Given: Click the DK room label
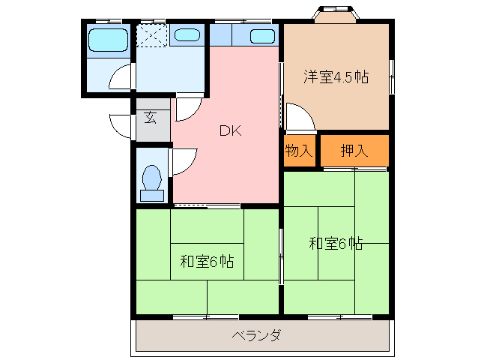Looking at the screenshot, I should pyautogui.click(x=229, y=130).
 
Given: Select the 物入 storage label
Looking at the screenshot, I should pyautogui.click(x=299, y=150).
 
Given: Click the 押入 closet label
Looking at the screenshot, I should pyautogui.click(x=354, y=150).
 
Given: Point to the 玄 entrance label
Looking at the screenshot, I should pyautogui.click(x=151, y=118).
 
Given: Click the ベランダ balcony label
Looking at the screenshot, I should pyautogui.click(x=256, y=335).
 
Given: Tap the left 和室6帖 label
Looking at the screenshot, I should pyautogui.click(x=207, y=262).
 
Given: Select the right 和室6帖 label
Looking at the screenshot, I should pyautogui.click(x=336, y=243).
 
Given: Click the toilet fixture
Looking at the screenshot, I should pyautogui.click(x=152, y=182).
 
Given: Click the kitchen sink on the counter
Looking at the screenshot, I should pyautogui.click(x=261, y=36).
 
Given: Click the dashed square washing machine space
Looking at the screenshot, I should pyautogui.click(x=152, y=35).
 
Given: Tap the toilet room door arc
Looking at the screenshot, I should pyautogui.click(x=184, y=159).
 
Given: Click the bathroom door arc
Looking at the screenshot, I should pyautogui.click(x=120, y=79).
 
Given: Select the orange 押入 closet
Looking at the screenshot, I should pyautogui.click(x=355, y=151).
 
